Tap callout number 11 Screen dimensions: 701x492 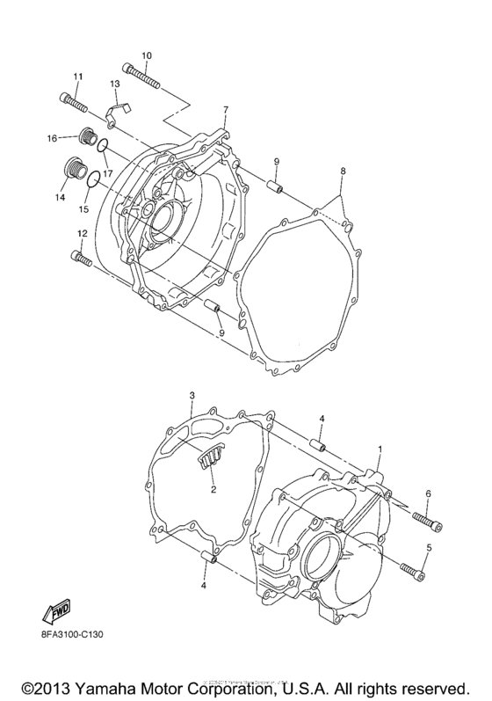pos(77,77)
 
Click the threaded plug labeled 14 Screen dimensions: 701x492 pos(73,169)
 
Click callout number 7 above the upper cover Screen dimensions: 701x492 pos(225,109)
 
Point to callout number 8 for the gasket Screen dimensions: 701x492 pos(344,170)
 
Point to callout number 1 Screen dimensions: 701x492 pos(379,449)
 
